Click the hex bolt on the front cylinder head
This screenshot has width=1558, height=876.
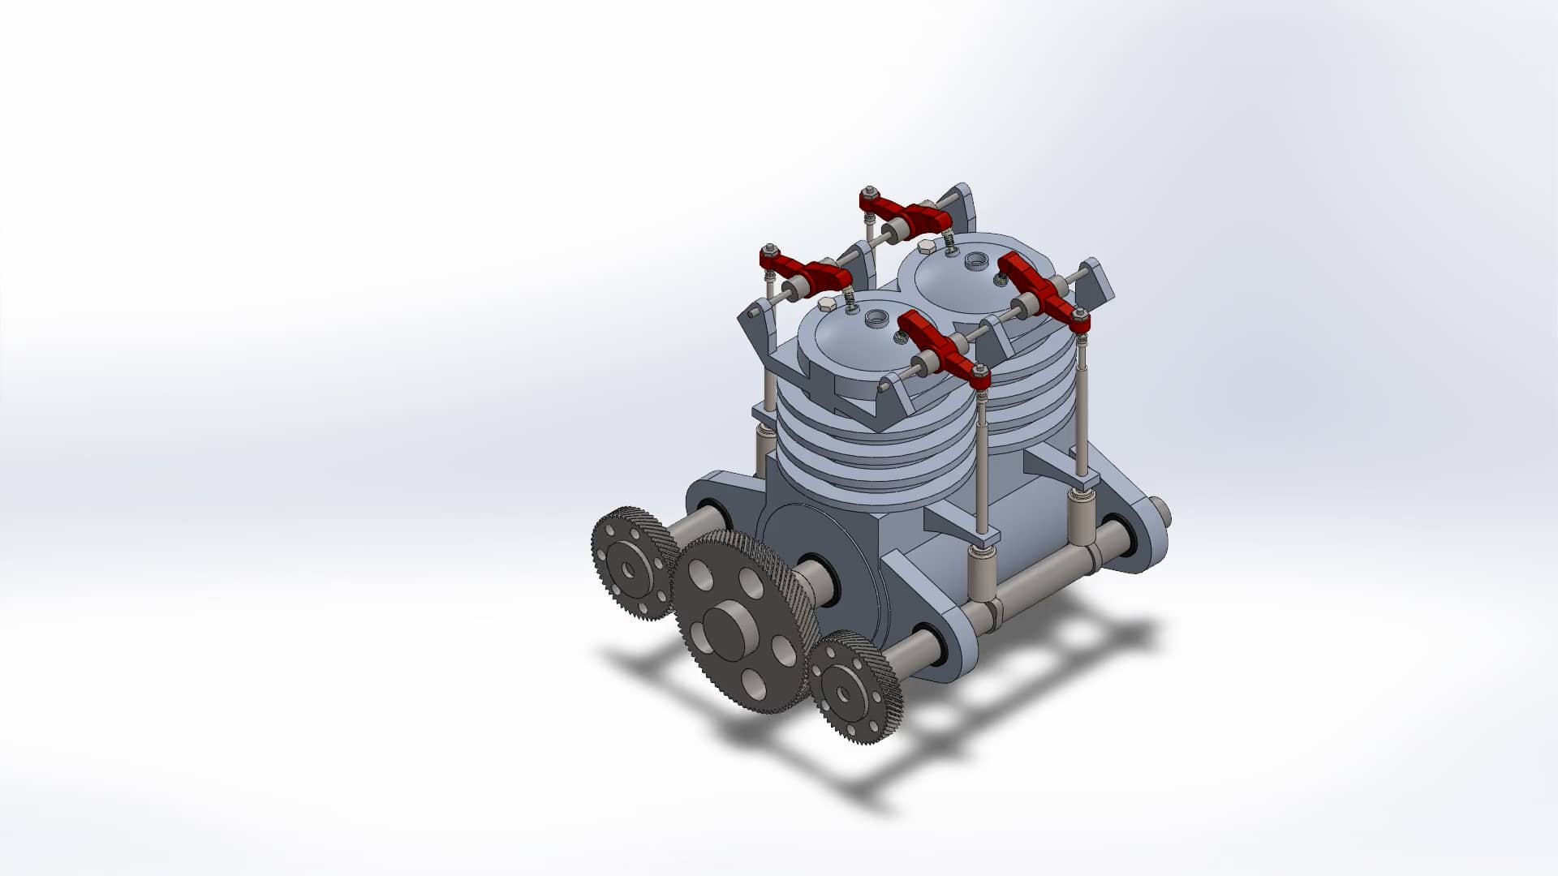826,303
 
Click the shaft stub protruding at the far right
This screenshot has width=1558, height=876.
1161,512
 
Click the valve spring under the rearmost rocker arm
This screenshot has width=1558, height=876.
947,240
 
